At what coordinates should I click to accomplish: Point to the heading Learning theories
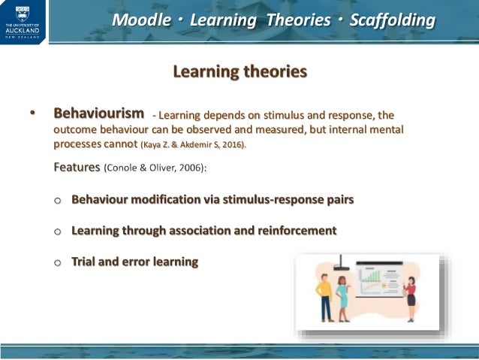click(x=239, y=72)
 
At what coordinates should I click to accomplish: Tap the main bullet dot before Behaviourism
click(x=32, y=114)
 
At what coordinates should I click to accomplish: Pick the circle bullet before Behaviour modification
click(x=59, y=201)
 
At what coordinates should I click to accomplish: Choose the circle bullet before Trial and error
click(x=59, y=262)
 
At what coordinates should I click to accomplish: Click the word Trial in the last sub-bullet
click(x=86, y=262)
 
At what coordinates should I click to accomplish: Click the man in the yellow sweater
click(x=324, y=297)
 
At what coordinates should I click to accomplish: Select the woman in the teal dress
click(x=342, y=297)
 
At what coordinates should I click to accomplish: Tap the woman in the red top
click(x=411, y=298)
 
